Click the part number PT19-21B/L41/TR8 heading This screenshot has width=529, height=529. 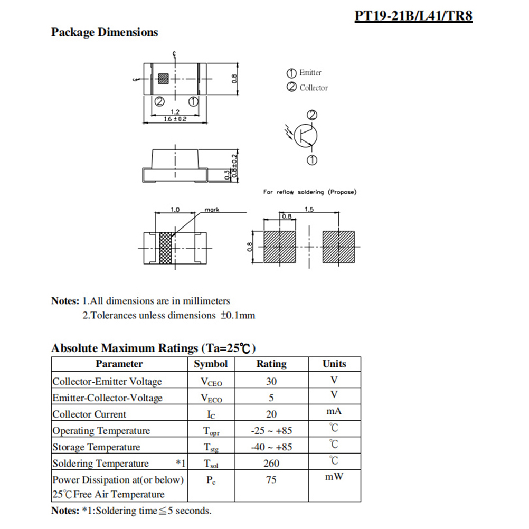pyautogui.click(x=413, y=15)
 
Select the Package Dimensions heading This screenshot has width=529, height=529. pyautogui.click(x=105, y=32)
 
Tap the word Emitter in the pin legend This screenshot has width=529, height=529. pyautogui.click(x=310, y=73)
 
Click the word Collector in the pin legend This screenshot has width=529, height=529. pyautogui.click(x=314, y=88)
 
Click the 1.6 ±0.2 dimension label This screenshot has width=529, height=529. pyautogui.click(x=175, y=120)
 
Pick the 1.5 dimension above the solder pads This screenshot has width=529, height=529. pyautogui.click(x=309, y=210)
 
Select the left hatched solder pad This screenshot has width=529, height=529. pyautogui.click(x=280, y=247)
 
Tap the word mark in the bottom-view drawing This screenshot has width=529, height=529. pyautogui.click(x=212, y=210)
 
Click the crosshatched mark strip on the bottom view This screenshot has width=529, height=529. pyautogui.click(x=167, y=248)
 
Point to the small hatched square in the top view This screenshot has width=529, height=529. pyautogui.click(x=164, y=79)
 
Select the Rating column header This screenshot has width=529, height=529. pyautogui.click(x=271, y=364)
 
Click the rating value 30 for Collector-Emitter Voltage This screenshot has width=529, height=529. pyautogui.click(x=271, y=381)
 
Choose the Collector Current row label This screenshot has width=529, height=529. pyautogui.click(x=89, y=414)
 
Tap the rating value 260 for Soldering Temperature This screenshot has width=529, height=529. pyautogui.click(x=271, y=464)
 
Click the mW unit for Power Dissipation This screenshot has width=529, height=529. pyautogui.click(x=334, y=477)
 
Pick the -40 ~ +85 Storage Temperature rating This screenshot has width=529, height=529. pyautogui.click(x=271, y=447)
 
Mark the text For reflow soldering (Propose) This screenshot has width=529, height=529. pyautogui.click(x=310, y=192)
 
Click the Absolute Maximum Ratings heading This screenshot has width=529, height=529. pyautogui.click(x=154, y=348)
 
